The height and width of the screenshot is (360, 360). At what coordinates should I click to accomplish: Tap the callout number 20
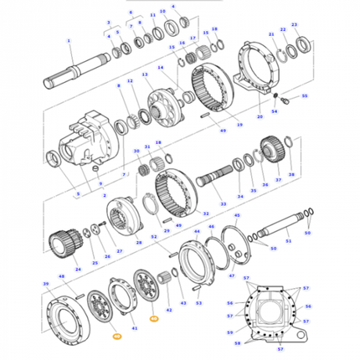point(260,140)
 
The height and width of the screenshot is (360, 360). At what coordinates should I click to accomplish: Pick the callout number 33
point(223,204)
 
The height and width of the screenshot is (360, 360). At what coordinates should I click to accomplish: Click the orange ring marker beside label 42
point(153,319)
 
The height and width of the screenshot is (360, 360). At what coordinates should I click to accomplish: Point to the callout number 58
point(237,343)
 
